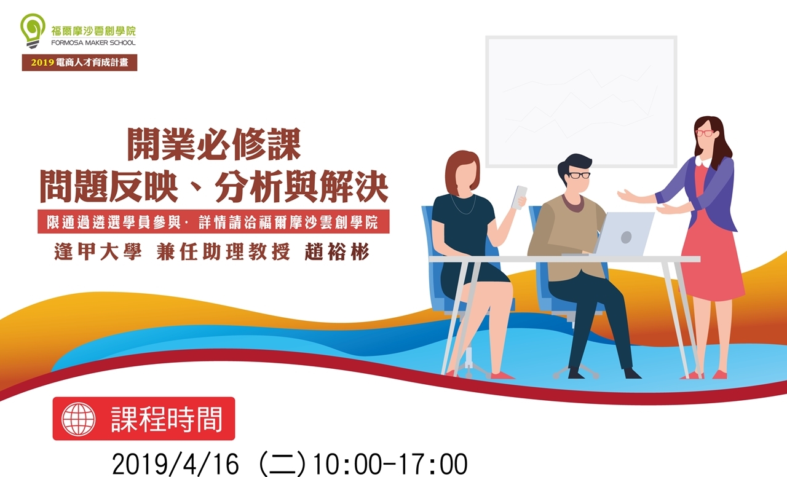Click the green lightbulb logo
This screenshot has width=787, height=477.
point(33,31)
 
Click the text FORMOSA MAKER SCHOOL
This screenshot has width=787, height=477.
point(93,43)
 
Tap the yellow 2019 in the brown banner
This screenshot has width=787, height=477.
point(42,63)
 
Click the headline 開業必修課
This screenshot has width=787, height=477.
point(214,144)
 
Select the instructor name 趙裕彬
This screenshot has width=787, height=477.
point(337,252)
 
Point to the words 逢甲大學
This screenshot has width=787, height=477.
point(98,252)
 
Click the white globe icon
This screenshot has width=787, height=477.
point(79,419)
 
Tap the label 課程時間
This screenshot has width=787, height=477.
point(167,419)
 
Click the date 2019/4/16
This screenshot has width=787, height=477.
point(175,464)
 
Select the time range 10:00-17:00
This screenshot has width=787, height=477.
point(390,464)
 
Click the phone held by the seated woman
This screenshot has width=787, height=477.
point(520,197)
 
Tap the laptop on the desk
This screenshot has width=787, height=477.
point(619,234)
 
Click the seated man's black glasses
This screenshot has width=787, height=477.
point(579,175)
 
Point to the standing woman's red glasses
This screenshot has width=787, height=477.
point(705,133)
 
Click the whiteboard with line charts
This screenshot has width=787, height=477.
point(582,102)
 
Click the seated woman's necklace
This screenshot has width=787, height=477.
point(464,207)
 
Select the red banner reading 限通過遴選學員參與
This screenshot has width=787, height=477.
point(213,222)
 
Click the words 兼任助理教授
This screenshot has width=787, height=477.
point(223,252)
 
